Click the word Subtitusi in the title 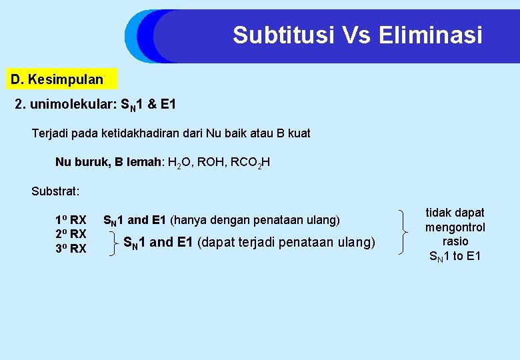[284, 35]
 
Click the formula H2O [179, 162]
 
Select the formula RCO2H [246, 162]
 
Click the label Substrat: [55, 191]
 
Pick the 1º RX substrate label [71, 220]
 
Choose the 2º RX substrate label [71, 234]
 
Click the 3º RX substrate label [71, 249]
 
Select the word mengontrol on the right [455, 227]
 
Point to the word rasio [455, 241]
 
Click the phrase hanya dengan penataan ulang [255, 220]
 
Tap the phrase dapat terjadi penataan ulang [287, 242]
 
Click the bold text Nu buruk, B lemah [108, 162]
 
